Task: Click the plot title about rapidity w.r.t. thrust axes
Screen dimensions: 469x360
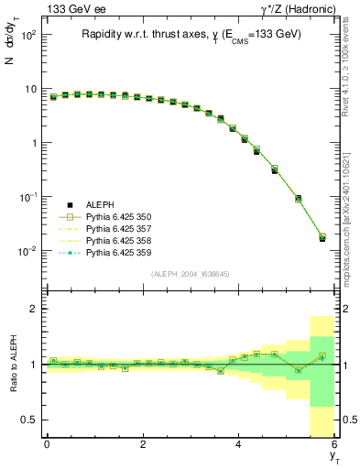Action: coord(191,34)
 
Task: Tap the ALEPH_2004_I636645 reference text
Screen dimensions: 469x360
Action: coord(191,275)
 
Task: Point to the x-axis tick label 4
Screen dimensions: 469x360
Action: coord(239,444)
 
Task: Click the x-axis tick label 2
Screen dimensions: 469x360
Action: coord(143,444)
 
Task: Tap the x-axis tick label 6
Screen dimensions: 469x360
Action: coord(334,444)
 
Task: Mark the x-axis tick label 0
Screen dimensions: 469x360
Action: coord(47,444)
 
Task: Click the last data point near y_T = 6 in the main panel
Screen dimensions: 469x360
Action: coord(321,237)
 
